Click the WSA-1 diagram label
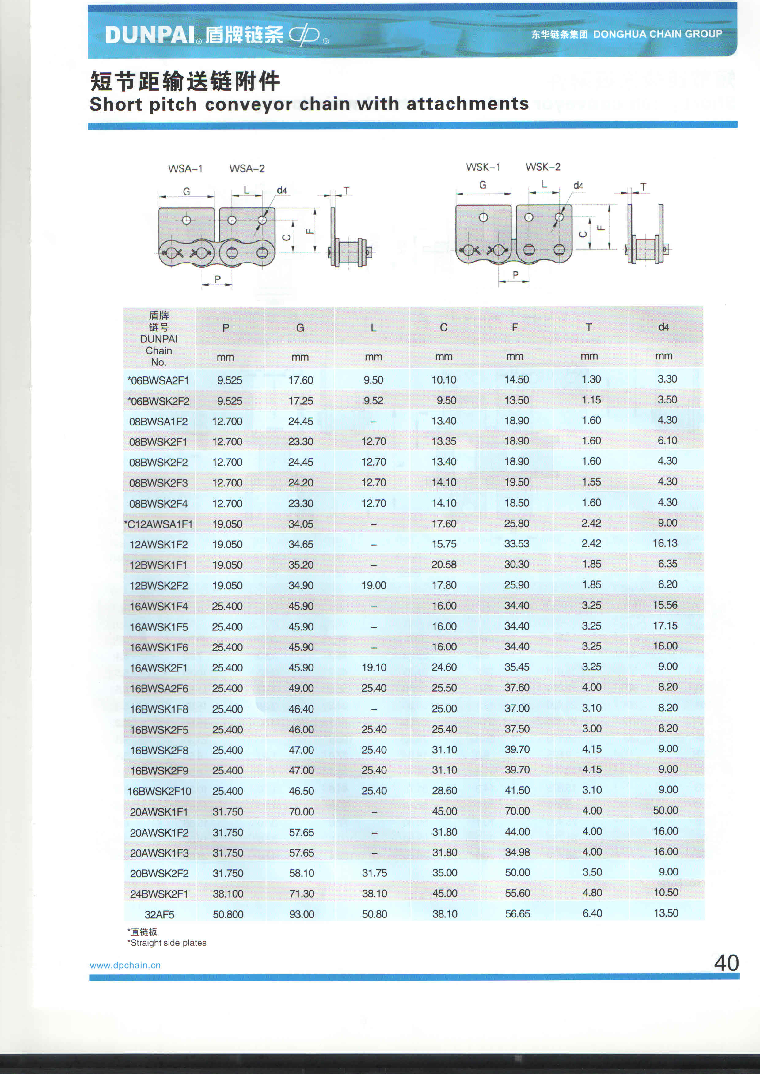[185, 168]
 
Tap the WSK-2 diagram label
[543, 167]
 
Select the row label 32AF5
[159, 914]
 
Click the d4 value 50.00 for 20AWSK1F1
[666, 810]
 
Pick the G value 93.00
[301, 914]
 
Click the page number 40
[726, 963]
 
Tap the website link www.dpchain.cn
[125, 965]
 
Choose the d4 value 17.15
[665, 626]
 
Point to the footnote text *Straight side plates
[167, 943]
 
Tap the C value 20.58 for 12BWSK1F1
[444, 565]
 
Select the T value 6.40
[592, 913]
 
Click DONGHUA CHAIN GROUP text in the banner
[658, 34]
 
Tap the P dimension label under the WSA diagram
[217, 279]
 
